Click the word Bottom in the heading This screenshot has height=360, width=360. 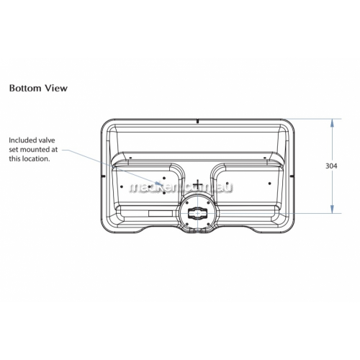[x=25, y=88]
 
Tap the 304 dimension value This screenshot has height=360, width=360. [x=331, y=166]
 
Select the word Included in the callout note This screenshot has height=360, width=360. [x=23, y=140]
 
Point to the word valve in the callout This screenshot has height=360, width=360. [x=47, y=140]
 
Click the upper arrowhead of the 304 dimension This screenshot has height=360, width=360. [x=332, y=123]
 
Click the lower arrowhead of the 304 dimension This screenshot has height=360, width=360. [x=332, y=209]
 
